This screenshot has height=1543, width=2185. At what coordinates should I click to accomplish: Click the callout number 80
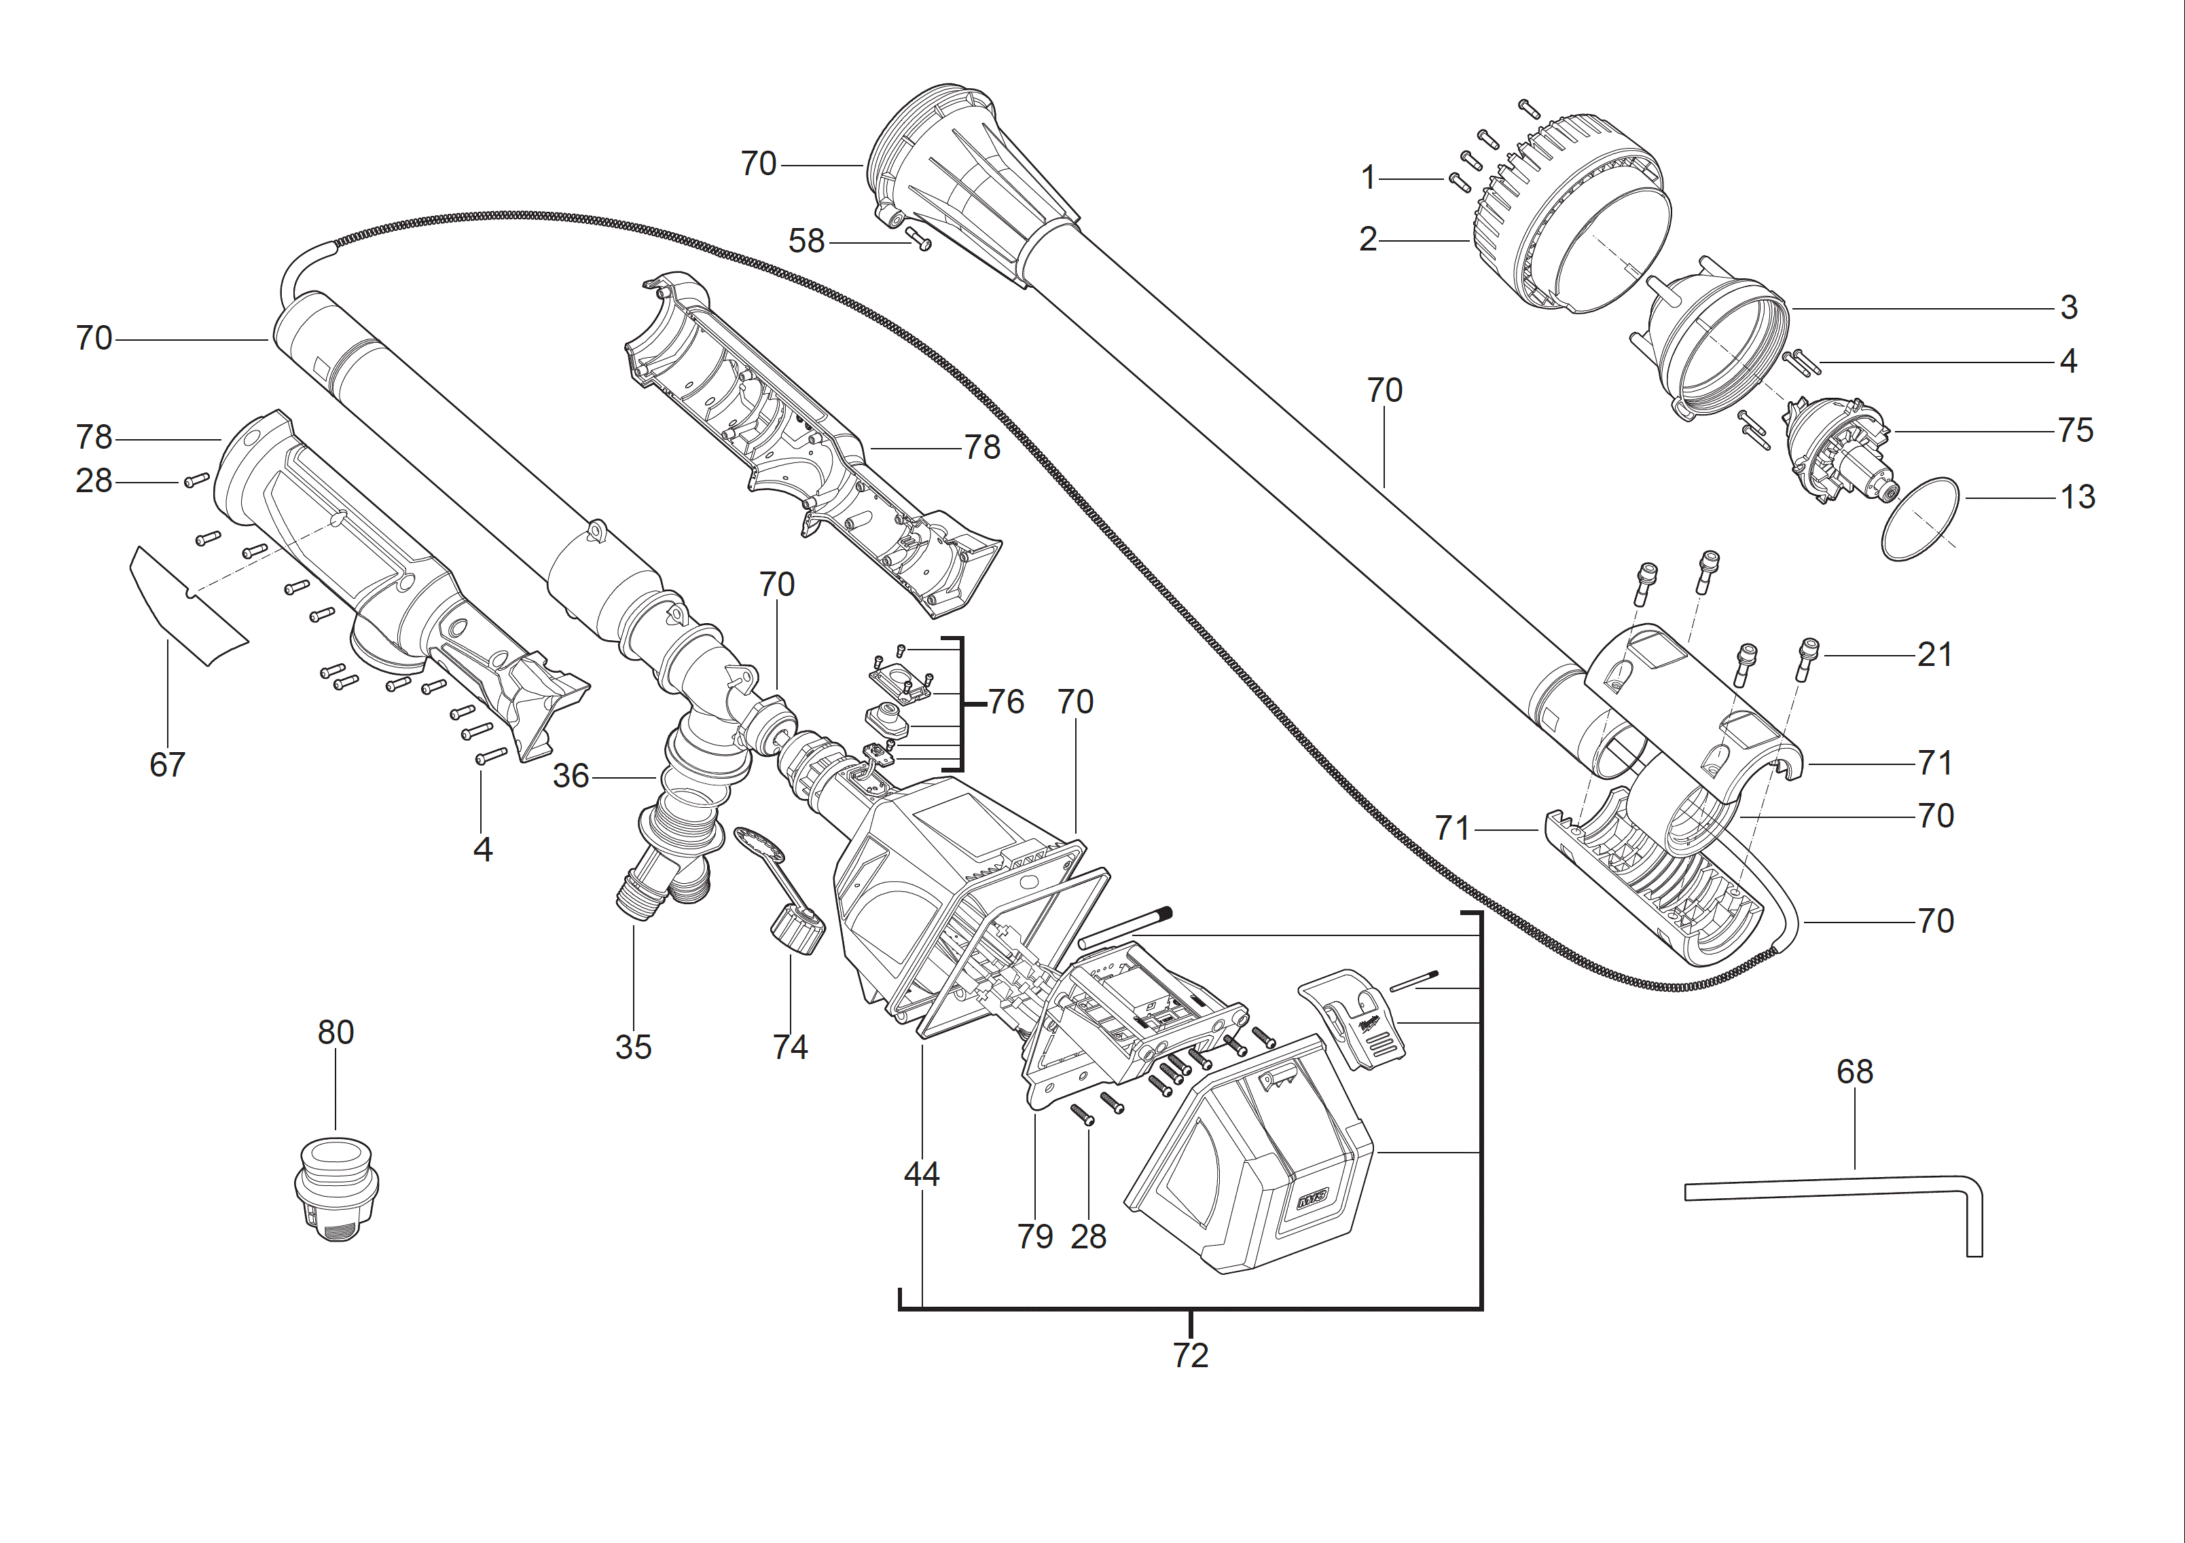pos(335,1032)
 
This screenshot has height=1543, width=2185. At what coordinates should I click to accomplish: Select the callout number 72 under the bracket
pos(1189,1355)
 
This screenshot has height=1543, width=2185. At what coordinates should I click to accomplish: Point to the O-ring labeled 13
pos(1919,519)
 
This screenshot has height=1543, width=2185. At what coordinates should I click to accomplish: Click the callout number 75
pos(2074,430)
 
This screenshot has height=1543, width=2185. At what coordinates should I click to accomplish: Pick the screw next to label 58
pos(918,238)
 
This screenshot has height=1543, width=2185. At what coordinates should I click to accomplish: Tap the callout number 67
pos(168,764)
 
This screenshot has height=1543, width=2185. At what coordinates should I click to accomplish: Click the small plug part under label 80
pos(336,1189)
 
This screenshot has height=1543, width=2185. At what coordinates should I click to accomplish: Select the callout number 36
pos(571,777)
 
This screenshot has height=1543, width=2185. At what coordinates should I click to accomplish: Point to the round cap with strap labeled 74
pos(797,931)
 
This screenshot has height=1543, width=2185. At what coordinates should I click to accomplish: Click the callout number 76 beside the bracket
pos(1006,702)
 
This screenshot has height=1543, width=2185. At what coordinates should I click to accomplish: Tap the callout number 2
pos(1367,239)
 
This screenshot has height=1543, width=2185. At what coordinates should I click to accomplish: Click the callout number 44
pos(921,1174)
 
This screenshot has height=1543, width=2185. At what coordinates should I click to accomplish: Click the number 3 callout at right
pos(2068,308)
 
